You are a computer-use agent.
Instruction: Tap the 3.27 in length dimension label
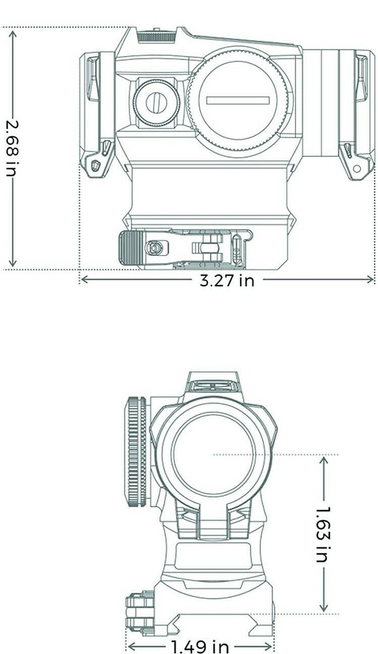pos(226,281)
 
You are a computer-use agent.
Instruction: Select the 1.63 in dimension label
pos(322,534)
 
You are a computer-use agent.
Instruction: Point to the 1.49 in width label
pos(200,647)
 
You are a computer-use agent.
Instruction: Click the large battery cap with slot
pos(239,99)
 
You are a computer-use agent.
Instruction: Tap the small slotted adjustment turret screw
pos(156,101)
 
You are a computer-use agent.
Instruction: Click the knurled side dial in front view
pos(135,452)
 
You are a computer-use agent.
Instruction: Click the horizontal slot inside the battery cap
pos(237,100)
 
